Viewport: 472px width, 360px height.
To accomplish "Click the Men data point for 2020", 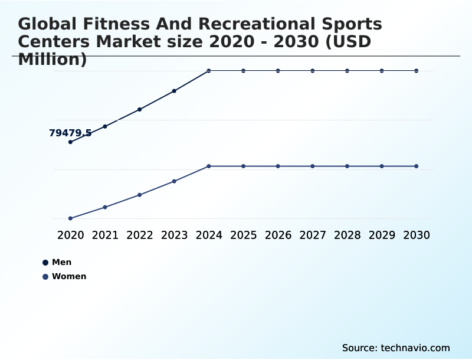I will [71, 142].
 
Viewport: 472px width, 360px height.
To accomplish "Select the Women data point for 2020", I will [71, 218].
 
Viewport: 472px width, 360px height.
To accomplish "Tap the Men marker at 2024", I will [209, 71].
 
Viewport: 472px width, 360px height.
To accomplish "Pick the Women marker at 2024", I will [209, 166].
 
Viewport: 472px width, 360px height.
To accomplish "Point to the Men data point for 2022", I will [140, 109].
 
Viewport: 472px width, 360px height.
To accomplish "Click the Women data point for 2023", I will [174, 181].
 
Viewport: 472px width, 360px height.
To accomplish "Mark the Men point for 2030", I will [417, 71].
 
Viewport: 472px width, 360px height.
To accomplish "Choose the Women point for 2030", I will [417, 166].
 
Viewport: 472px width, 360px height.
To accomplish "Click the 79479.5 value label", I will [70, 133].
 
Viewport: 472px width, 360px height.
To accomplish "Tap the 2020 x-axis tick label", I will [71, 235].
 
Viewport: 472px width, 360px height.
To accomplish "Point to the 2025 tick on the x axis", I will [243, 235].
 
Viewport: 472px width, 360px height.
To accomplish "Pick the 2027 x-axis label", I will [313, 235].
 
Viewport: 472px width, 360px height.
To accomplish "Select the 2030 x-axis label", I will [417, 235].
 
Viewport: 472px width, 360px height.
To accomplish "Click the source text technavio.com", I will [415, 348].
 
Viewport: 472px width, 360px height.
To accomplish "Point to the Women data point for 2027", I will [313, 166].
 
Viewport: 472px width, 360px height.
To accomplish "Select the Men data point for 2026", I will [278, 71].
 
